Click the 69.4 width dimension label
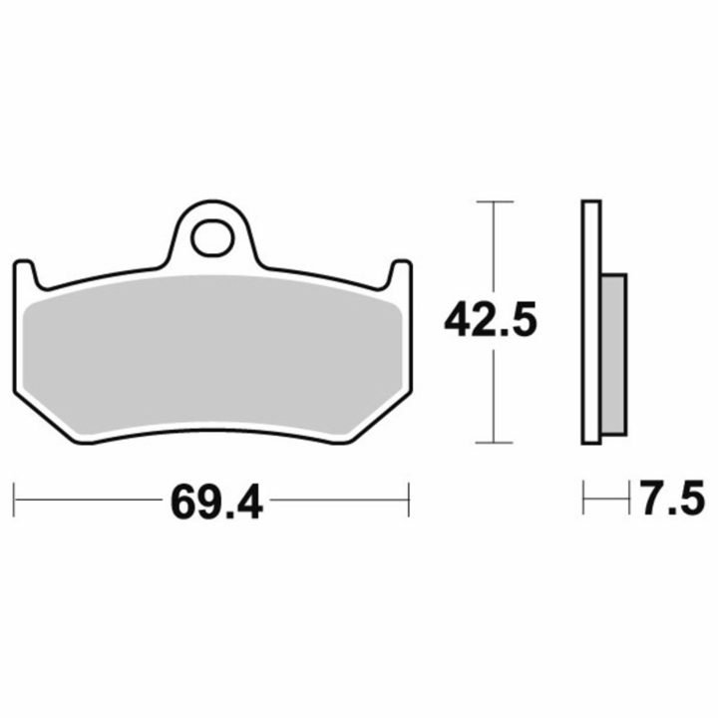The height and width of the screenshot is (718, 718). pos(216,501)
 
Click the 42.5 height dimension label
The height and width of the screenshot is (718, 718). pos(490,320)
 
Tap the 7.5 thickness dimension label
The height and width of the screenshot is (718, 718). pos(672,497)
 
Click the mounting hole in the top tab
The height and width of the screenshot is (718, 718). pos(213,238)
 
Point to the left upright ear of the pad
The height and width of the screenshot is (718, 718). pos(25,275)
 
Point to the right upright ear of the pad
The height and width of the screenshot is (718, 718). pos(402,275)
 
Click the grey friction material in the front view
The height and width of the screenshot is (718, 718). pos(213,355)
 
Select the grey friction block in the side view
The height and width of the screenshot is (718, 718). pos(613,354)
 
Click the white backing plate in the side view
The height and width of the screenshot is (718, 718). pos(591,322)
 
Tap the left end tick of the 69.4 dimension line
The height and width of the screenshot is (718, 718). pos(14,500)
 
